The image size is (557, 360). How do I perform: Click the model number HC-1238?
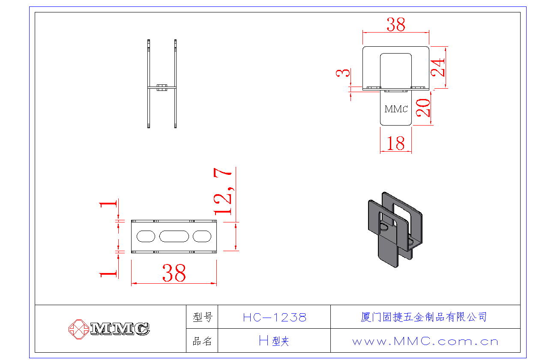275,317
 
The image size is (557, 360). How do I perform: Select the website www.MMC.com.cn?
425,342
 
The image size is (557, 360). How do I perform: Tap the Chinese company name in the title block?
424,317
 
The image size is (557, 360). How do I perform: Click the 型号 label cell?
202,317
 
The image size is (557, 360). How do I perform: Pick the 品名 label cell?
202,341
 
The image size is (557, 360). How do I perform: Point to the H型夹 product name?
274,341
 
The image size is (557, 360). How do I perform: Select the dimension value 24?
439,67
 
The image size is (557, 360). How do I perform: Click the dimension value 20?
423,108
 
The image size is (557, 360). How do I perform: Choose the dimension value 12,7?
223,192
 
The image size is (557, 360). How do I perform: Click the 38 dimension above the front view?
396,25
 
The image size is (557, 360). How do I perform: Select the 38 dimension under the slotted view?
174,273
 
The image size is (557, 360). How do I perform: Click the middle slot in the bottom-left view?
174,236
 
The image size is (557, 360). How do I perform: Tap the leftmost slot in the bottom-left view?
146,236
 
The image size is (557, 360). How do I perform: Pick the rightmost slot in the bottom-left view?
202,236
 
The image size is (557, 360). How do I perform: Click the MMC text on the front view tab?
396,109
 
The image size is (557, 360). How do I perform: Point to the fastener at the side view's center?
162,88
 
